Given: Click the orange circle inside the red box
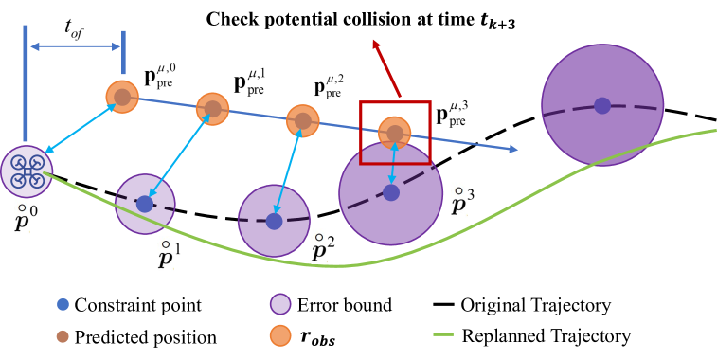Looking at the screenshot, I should pyautogui.click(x=395, y=133).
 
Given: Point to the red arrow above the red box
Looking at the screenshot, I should pyautogui.click(x=386, y=67).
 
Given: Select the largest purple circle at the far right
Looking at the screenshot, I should pyautogui.click(x=602, y=105).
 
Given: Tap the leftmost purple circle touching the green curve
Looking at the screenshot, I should pyautogui.click(x=26, y=171).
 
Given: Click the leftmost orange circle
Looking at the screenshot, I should pyautogui.click(x=122, y=97).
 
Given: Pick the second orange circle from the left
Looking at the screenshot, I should pyautogui.click(x=212, y=109).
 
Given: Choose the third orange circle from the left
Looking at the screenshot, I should pyautogui.click(x=302, y=120).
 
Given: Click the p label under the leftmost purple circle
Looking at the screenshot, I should pyautogui.click(x=22, y=217).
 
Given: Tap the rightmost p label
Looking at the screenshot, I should pyautogui.click(x=458, y=200).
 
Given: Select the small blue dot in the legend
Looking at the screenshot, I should pyautogui.click(x=63, y=304).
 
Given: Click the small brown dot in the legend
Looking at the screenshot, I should pyautogui.click(x=63, y=336).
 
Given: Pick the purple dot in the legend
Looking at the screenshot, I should pyautogui.click(x=280, y=304).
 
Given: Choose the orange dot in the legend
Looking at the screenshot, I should pyautogui.click(x=280, y=335).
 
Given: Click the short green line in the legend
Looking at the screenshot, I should pyautogui.click(x=443, y=334).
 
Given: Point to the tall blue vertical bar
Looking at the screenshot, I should pyautogui.click(x=26, y=83).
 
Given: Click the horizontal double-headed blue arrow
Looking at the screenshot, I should pyautogui.click(x=76, y=46).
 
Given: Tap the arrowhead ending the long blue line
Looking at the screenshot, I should pyautogui.click(x=513, y=149).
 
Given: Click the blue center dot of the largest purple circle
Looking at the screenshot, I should pyautogui.click(x=602, y=105).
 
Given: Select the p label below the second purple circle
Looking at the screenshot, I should pyautogui.click(x=166, y=254).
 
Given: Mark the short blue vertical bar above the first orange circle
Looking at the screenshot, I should pyautogui.click(x=123, y=52).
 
